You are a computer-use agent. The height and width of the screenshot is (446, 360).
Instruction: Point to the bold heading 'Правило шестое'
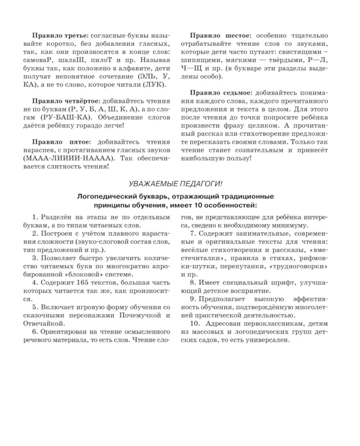click(220, 36)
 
